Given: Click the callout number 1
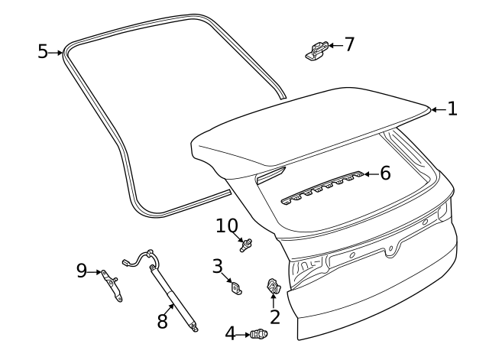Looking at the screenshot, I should point(452,109).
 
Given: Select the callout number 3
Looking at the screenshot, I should point(218,266).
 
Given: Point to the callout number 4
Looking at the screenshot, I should point(231,333).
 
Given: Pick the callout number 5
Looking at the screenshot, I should point(43,51).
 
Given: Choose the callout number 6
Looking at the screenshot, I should point(385,174).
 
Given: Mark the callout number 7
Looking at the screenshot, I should point(349,44).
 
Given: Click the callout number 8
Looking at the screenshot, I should point(162,322).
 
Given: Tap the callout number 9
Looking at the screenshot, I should point(82,270).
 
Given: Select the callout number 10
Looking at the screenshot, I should point(227,225).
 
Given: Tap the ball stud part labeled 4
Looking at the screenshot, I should point(260,333).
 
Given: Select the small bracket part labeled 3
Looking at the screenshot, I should point(236,287).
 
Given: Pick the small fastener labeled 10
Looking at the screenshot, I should point(246,245).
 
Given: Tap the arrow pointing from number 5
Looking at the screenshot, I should point(57,52).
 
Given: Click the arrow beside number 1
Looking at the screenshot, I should point(437,109).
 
